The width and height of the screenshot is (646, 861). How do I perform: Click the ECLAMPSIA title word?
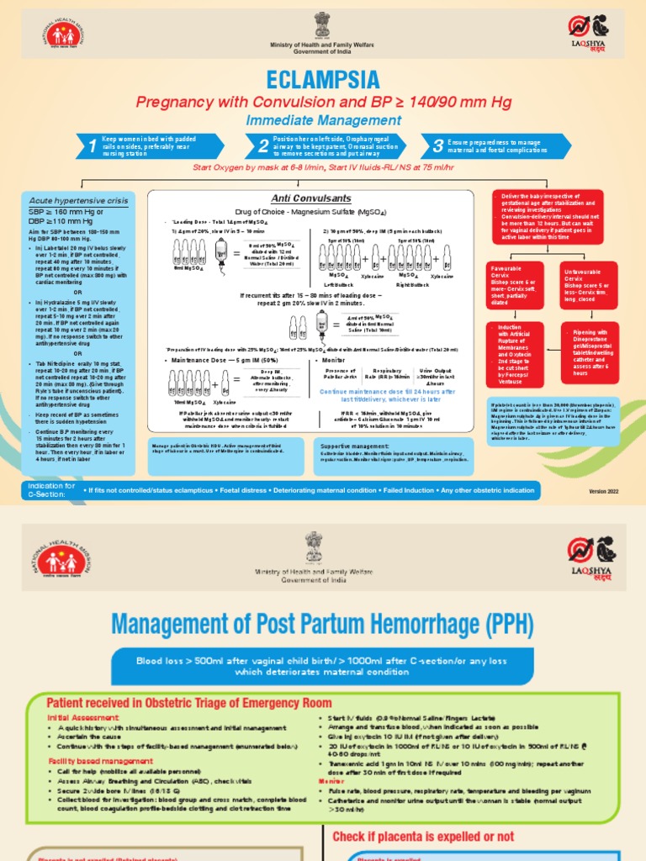click(324, 80)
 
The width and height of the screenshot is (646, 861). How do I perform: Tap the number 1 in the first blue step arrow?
click(91, 147)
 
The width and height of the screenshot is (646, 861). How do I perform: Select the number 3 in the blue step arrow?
click(437, 147)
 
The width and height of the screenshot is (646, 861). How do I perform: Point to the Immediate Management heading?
click(324, 120)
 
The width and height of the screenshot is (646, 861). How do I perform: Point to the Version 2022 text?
click(605, 490)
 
